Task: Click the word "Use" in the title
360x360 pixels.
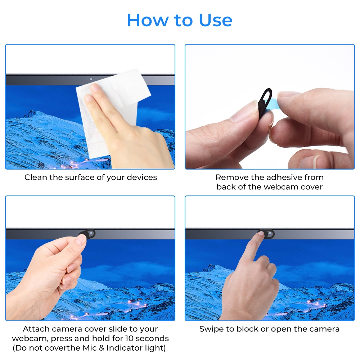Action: click(x=215, y=20)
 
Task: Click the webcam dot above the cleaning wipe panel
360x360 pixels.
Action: click(x=91, y=79)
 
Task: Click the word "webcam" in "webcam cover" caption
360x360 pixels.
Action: click(x=281, y=187)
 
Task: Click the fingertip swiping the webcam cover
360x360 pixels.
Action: click(x=261, y=234)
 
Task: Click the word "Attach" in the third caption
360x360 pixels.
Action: click(x=36, y=329)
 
